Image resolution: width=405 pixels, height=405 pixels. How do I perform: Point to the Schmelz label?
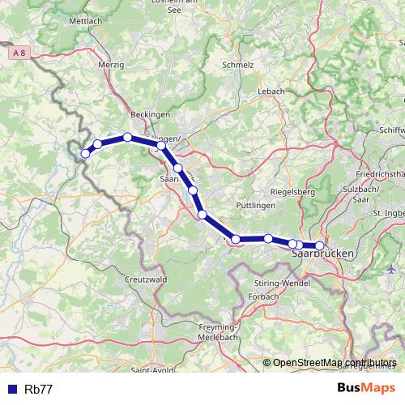pos(237,65)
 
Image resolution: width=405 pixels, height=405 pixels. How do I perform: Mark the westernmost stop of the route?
pos(85,153)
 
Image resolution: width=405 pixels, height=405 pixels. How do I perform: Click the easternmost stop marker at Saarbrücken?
pos(320,245)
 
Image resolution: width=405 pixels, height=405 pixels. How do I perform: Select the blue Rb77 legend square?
pos(11,390)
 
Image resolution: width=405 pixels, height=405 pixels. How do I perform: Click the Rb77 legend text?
pos(39,390)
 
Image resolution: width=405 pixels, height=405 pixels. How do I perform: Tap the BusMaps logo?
pos(365,389)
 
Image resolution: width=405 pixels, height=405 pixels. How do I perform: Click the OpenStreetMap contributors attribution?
pos(334,363)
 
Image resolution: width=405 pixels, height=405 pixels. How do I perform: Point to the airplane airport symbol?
pos(392,268)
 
